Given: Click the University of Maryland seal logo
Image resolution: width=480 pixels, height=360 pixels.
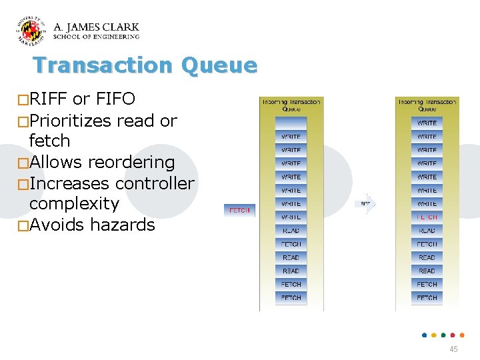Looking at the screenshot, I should tap(31, 31).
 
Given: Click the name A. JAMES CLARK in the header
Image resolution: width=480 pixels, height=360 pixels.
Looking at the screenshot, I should tap(96, 27).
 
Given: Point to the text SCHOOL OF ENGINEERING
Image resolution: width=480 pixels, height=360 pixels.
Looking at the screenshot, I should tap(96, 37).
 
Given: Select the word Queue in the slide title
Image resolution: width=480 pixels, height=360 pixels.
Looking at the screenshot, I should tap(219, 65).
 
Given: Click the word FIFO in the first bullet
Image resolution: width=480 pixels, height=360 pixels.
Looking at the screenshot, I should tap(115, 100).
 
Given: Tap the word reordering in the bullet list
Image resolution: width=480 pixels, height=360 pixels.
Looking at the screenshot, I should tap(131, 163).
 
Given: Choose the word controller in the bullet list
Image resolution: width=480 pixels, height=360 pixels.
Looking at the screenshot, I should tap(155, 183).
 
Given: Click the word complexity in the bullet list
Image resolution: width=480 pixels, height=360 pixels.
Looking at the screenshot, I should tap(74, 204).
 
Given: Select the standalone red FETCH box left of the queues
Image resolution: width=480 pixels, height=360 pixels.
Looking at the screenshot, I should tap(239, 211).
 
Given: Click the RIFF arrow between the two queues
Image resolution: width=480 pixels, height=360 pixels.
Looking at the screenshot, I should tap(366, 203).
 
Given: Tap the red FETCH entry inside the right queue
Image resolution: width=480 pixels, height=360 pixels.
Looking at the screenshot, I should tap(427, 217).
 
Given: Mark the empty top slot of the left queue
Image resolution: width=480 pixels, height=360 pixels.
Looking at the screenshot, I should tap(291, 123).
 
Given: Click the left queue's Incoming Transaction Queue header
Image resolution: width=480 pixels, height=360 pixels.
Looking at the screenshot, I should tap(291, 105).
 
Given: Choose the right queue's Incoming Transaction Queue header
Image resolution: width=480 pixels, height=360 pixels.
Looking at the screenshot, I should tap(427, 105).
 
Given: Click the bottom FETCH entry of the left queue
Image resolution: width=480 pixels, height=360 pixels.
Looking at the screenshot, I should tap(291, 298).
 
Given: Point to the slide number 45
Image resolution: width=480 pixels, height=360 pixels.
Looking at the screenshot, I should tap(453, 349).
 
